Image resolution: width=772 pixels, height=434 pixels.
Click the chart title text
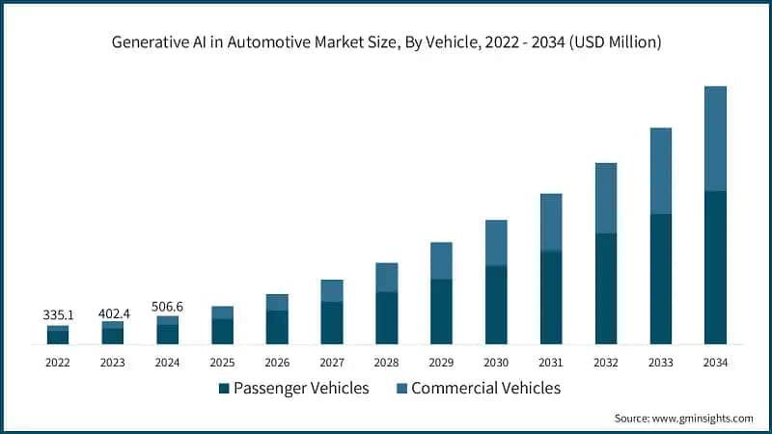pyautogui.click(x=385, y=42)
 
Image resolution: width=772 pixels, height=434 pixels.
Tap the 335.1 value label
pyautogui.click(x=58, y=314)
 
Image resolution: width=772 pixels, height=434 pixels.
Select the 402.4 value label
pyautogui.click(x=113, y=314)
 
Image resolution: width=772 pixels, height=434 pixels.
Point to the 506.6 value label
pyautogui.click(x=168, y=307)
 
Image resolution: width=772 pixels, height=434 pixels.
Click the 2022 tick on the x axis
pyautogui.click(x=58, y=362)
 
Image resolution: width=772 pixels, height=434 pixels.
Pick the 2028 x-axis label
pyautogui.click(x=387, y=362)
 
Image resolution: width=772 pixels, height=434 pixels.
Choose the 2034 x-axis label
pyautogui.click(x=715, y=362)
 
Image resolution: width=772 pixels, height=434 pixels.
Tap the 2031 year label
pyautogui.click(x=551, y=362)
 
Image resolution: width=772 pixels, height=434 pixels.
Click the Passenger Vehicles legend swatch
pyautogui.click(x=224, y=389)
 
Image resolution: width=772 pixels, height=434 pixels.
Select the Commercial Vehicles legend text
pyautogui.click(x=485, y=389)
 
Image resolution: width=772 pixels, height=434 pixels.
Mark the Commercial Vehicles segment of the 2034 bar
pyautogui.click(x=715, y=138)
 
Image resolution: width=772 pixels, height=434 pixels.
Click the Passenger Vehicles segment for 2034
pyautogui.click(x=715, y=267)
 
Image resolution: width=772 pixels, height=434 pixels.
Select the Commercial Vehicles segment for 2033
pyautogui.click(x=660, y=171)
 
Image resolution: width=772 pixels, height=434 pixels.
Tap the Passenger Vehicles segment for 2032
pyautogui.click(x=606, y=288)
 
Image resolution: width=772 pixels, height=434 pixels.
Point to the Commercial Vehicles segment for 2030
pyautogui.click(x=496, y=242)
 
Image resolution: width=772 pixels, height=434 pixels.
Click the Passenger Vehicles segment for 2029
pyautogui.click(x=441, y=312)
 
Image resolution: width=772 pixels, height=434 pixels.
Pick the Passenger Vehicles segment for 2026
pyautogui.click(x=277, y=327)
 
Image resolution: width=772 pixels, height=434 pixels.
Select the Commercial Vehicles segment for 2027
pyautogui.click(x=332, y=290)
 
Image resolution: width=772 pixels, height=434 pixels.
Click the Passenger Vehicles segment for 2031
pyautogui.click(x=551, y=297)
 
